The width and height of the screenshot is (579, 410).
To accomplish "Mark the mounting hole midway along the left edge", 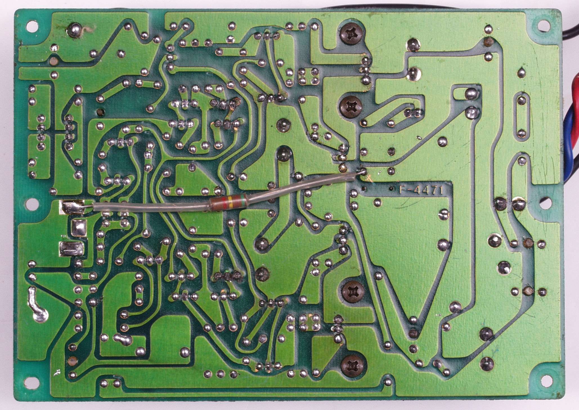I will point(33,204).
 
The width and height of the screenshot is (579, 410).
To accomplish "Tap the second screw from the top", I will point(351,106).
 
